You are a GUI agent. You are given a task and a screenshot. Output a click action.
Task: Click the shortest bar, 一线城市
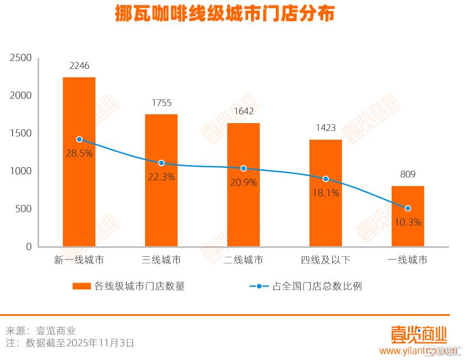pyautogui.click(x=408, y=226)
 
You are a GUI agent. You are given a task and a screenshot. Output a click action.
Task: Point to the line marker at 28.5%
pyautogui.click(x=79, y=140)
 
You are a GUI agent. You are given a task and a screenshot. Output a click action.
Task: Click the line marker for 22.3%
pyautogui.click(x=161, y=163)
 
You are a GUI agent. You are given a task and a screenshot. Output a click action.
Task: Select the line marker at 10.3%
pyautogui.click(x=408, y=208)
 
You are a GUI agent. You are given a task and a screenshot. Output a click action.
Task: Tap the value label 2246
pyautogui.click(x=79, y=66)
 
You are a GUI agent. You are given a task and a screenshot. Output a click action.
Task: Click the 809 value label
pyautogui.click(x=408, y=174)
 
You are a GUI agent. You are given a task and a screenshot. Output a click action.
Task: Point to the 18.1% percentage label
pyautogui.click(x=325, y=193)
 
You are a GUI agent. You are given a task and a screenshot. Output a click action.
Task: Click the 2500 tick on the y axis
pyautogui.click(x=22, y=58)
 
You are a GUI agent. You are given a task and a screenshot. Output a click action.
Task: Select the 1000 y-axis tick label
pyautogui.click(x=22, y=171)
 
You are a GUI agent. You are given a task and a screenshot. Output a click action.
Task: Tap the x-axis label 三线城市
pyautogui.click(x=161, y=260)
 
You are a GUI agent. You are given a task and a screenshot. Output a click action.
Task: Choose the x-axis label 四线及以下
pyautogui.click(x=325, y=260)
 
